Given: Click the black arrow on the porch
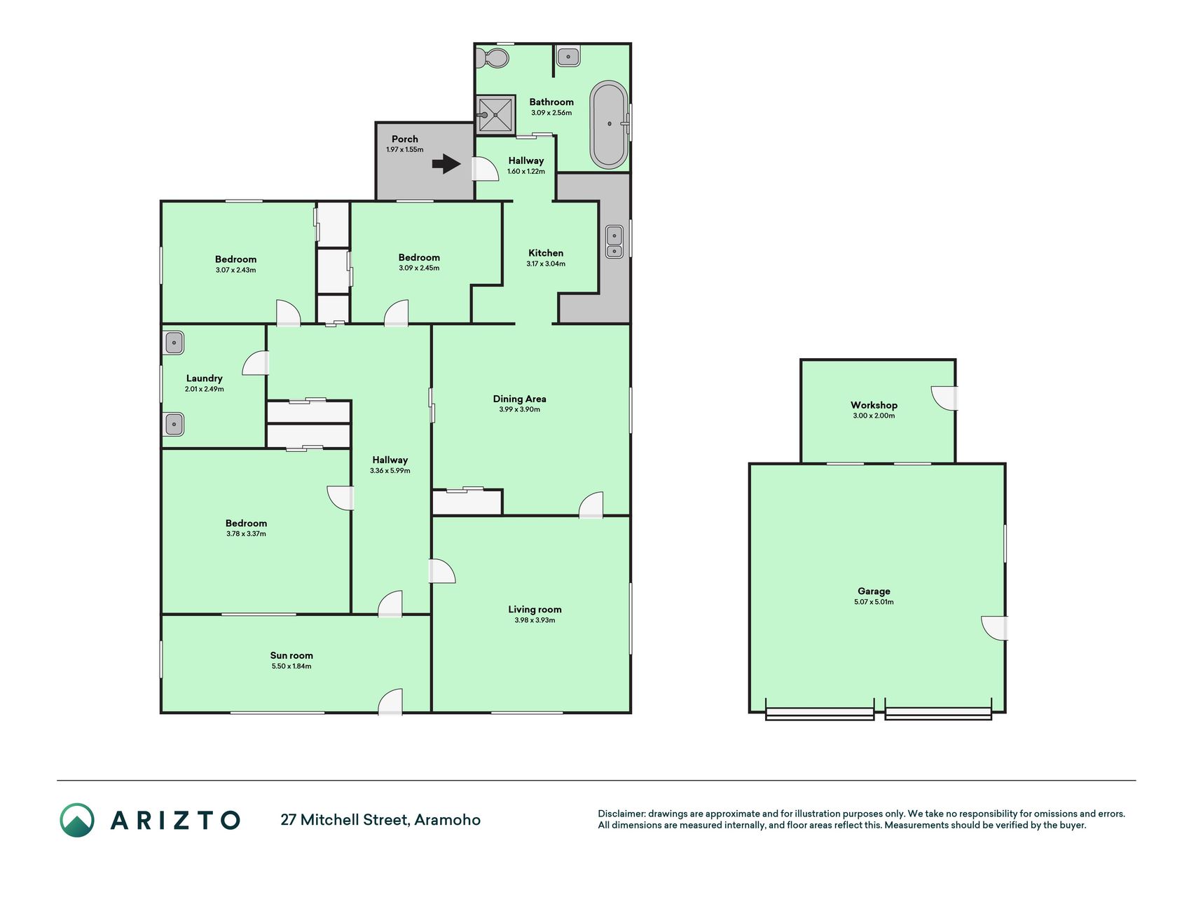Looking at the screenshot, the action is click(x=446, y=165).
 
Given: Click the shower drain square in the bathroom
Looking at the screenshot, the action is click(x=496, y=114).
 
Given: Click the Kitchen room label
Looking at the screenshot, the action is click(x=546, y=253).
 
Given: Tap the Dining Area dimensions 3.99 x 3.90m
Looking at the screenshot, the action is click(x=520, y=409).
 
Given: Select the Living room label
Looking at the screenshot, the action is click(x=535, y=610).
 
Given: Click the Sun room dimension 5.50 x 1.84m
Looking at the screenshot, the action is click(x=291, y=666).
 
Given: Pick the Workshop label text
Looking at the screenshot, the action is click(x=874, y=405).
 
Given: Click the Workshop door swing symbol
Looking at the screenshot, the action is click(x=944, y=397).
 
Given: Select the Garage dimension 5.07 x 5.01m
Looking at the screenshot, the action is click(x=874, y=602).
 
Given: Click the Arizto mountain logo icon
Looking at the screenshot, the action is click(x=77, y=820).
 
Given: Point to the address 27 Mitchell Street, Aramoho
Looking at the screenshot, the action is click(x=380, y=820).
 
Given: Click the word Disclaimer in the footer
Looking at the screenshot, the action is click(x=621, y=814).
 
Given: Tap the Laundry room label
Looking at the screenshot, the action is click(x=204, y=378).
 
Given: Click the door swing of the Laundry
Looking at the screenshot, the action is click(x=256, y=363).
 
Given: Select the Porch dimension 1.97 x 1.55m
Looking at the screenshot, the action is click(x=405, y=150).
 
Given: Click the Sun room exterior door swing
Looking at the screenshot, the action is click(x=390, y=702).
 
